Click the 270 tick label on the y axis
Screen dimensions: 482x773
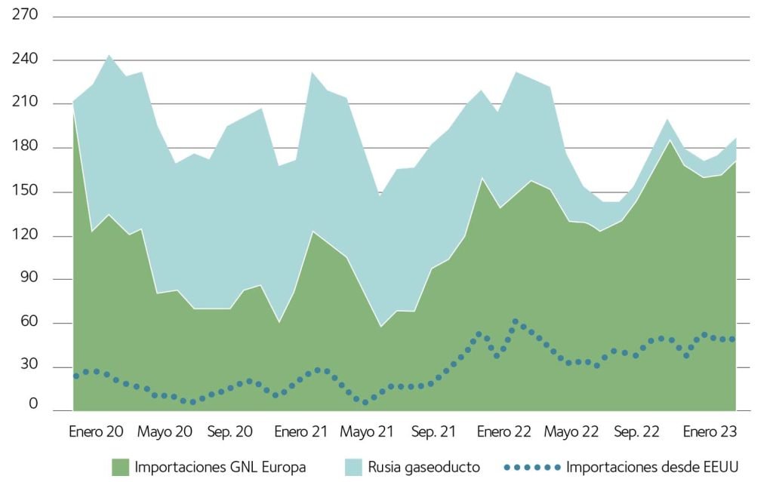tap(25, 15)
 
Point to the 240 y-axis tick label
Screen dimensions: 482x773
tap(25, 60)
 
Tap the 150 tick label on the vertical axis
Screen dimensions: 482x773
tap(25, 192)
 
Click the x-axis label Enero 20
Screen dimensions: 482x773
tap(95, 432)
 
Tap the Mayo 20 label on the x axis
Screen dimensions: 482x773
tap(165, 432)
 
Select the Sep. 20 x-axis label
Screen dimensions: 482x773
tap(229, 432)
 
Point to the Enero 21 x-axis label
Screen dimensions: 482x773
tap(300, 432)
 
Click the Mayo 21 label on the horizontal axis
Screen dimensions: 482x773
tap(367, 432)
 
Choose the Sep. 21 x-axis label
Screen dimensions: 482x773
tap(434, 432)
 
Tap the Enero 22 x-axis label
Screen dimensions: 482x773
tap(504, 432)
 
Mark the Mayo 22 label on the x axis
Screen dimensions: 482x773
tap(571, 432)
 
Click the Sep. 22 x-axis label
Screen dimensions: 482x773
tap(637, 432)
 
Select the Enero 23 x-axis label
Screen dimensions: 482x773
tap(709, 432)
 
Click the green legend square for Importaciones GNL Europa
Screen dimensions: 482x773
tap(120, 467)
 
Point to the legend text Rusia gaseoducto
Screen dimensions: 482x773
tap(424, 467)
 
